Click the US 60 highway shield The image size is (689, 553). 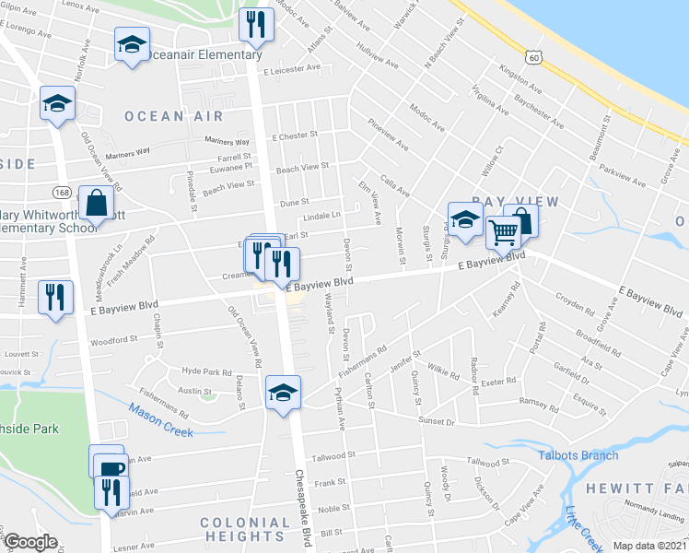[533, 57]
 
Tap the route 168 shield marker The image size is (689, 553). [62, 192]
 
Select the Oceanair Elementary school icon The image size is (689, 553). [133, 44]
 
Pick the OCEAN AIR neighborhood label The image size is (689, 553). [174, 116]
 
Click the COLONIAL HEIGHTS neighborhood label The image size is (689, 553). [243, 529]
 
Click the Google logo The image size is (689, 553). [30, 542]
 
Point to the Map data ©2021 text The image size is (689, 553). [649, 547]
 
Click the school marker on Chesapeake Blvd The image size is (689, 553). [283, 393]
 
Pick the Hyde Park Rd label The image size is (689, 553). [207, 371]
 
